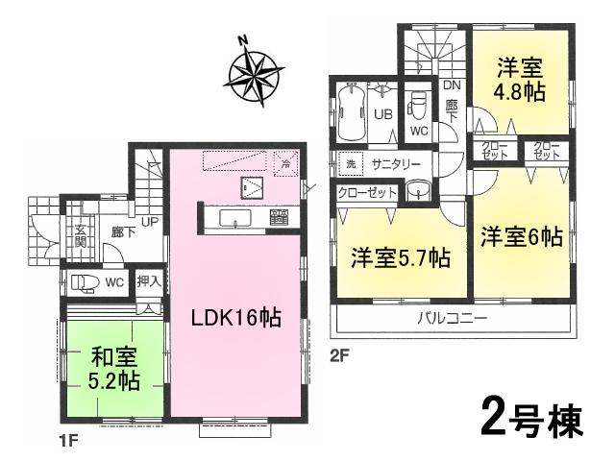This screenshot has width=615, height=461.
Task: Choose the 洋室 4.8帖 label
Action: pyautogui.click(x=520, y=82)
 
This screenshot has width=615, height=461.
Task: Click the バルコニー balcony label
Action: pyautogui.click(x=453, y=319)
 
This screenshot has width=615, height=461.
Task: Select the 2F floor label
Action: pyautogui.click(x=337, y=353)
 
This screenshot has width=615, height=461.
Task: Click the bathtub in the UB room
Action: pyautogui.click(x=348, y=111)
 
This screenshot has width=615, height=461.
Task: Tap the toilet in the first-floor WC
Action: pyautogui.click(x=85, y=282)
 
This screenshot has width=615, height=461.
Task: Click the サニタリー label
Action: pyautogui.click(x=396, y=164)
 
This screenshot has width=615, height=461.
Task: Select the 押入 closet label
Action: pyautogui.click(x=148, y=282)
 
